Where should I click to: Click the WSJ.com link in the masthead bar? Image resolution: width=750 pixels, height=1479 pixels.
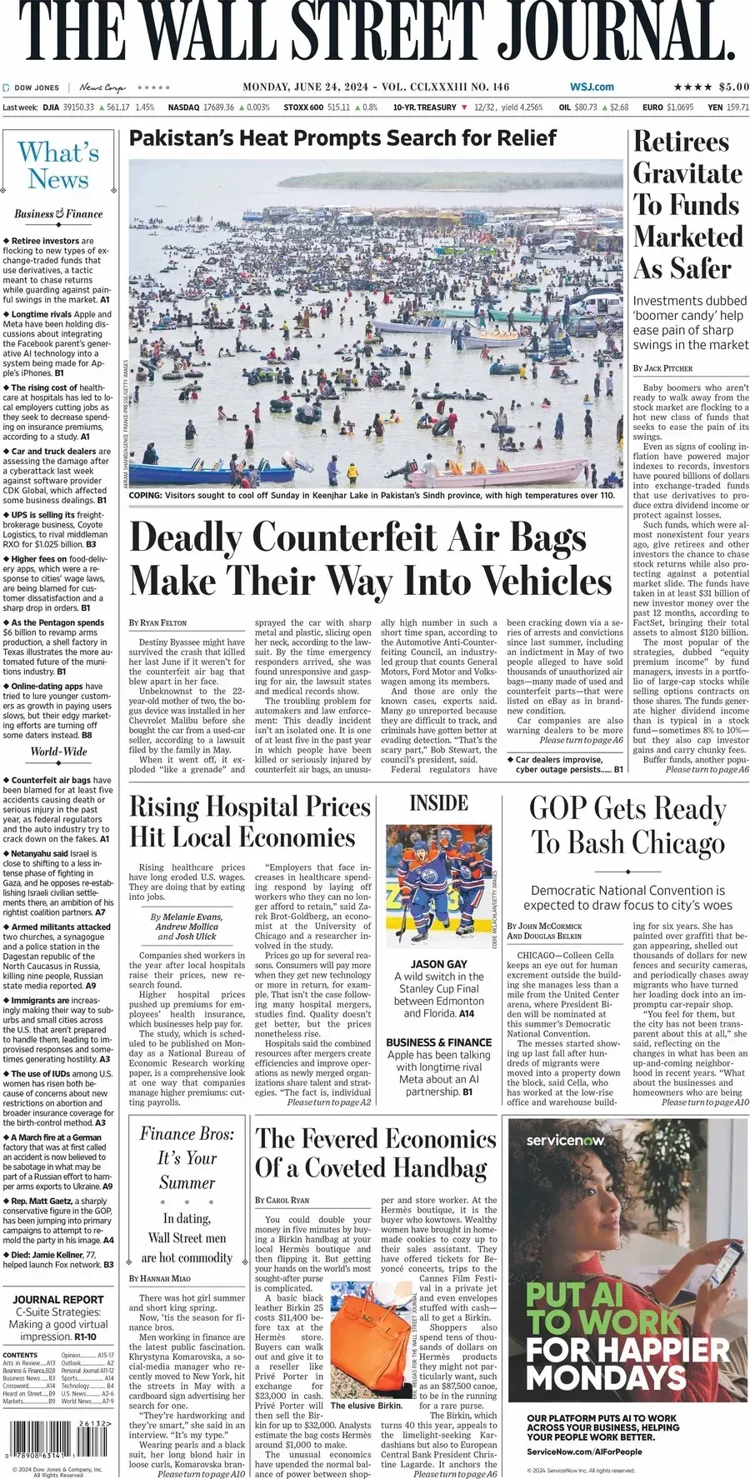(x=592, y=87)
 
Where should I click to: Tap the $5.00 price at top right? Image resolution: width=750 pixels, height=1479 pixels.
(x=733, y=87)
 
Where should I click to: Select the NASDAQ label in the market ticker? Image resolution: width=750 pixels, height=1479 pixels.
(x=183, y=107)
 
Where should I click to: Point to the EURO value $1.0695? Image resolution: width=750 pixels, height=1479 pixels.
(x=679, y=107)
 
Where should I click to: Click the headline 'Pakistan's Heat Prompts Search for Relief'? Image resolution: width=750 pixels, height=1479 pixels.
(x=342, y=138)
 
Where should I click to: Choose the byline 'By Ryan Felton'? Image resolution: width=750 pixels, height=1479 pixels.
(x=158, y=622)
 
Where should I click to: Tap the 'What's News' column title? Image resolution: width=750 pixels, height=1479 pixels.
(x=58, y=165)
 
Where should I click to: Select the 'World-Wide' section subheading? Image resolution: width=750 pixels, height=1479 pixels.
(x=58, y=752)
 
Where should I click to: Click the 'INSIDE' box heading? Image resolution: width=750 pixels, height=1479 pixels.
(x=438, y=802)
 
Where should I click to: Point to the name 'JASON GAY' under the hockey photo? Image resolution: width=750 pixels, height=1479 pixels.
(x=438, y=963)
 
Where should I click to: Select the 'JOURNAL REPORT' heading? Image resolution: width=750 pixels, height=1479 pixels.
(x=58, y=1299)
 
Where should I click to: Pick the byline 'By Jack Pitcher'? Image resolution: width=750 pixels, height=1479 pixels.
(x=662, y=367)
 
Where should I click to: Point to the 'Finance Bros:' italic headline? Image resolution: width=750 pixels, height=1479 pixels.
(x=187, y=1133)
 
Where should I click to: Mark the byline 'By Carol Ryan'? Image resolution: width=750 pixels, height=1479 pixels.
(x=282, y=1200)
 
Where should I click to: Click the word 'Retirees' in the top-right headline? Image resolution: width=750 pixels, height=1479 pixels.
(x=681, y=142)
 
